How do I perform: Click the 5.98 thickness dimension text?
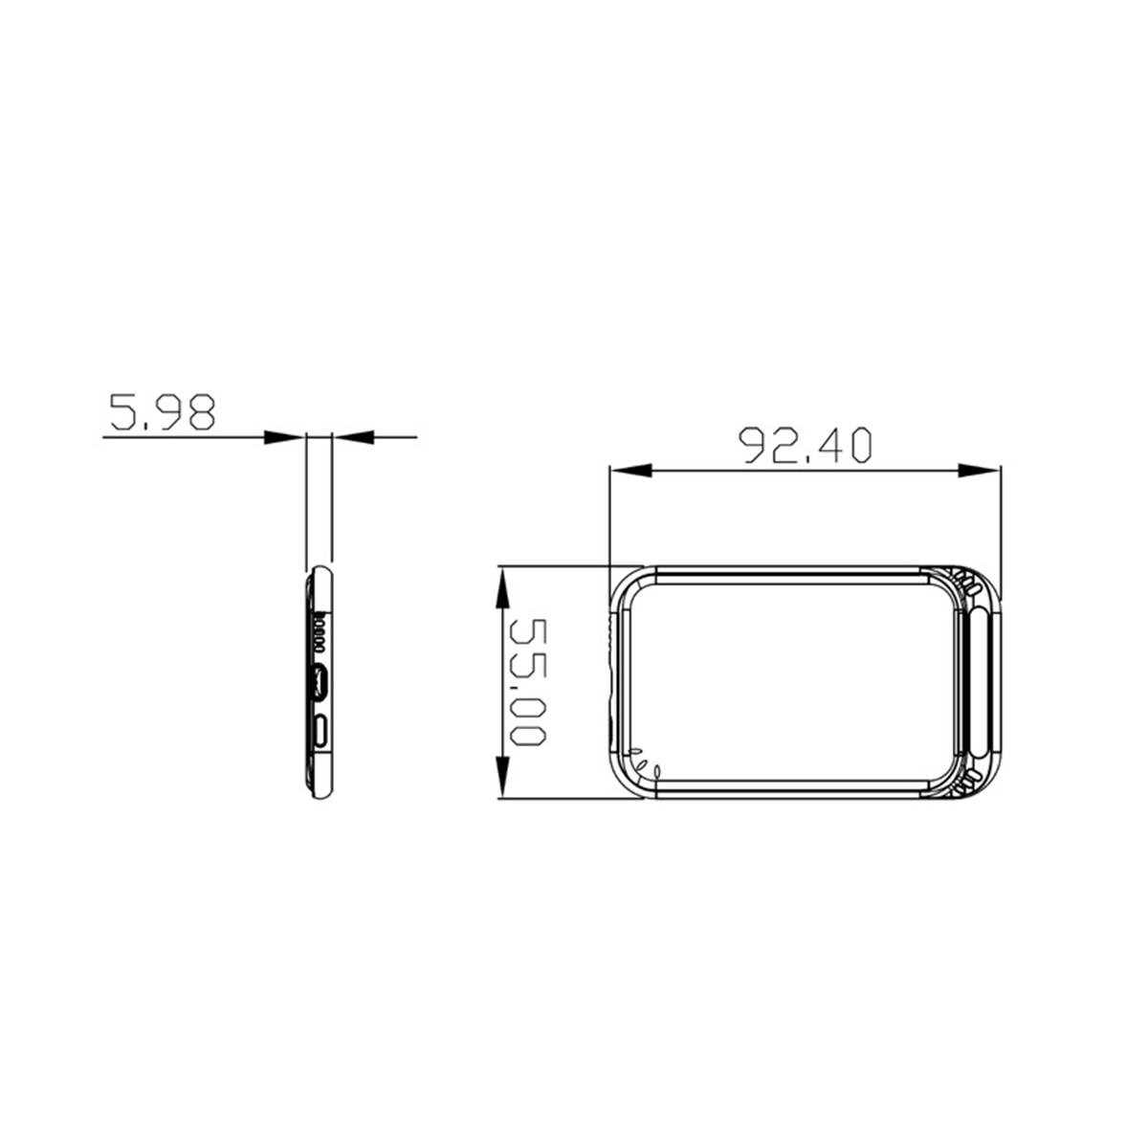pyautogui.click(x=162, y=411)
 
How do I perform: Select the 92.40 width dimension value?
pyautogui.click(x=806, y=445)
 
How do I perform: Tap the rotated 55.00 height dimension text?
pyautogui.click(x=528, y=682)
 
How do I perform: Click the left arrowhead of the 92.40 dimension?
pyautogui.click(x=631, y=472)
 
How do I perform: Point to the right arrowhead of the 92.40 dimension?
pyautogui.click(x=979, y=472)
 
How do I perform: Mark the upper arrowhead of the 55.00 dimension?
pyautogui.click(x=503, y=587)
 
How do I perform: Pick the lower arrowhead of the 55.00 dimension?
pyautogui.click(x=503, y=776)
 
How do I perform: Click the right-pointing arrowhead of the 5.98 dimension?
pyautogui.click(x=283, y=437)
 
